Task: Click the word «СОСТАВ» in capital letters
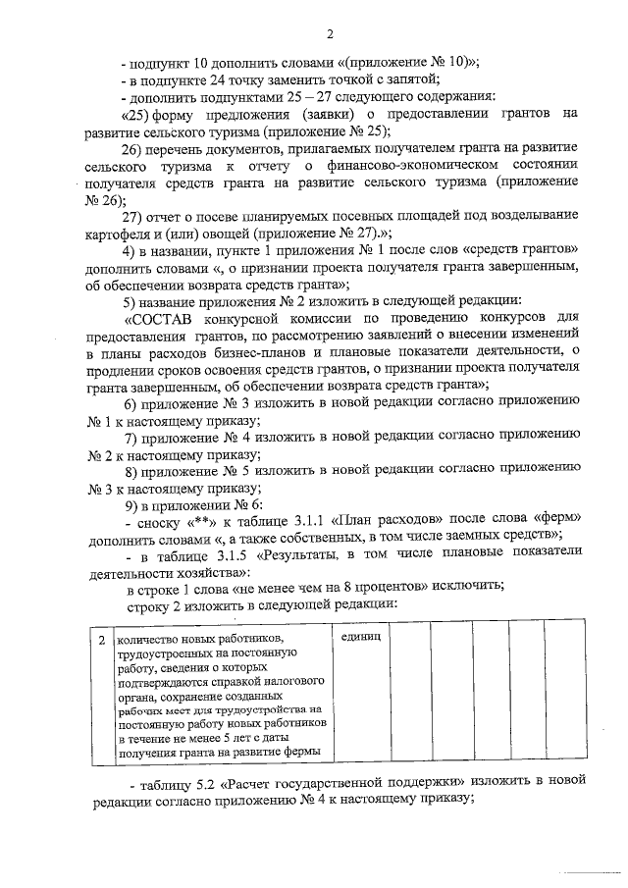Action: click(164, 318)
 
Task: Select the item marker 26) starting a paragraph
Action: click(134, 148)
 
